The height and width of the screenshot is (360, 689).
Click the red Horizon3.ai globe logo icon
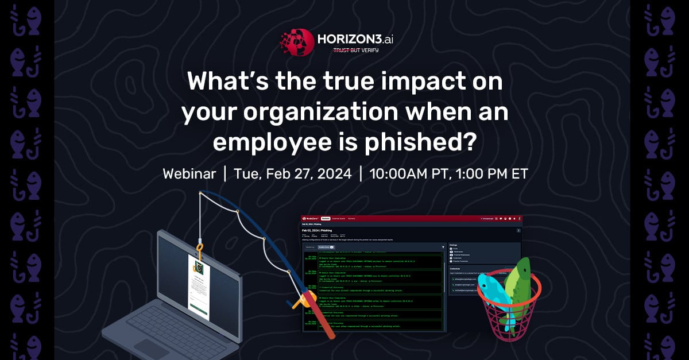[x=296, y=42]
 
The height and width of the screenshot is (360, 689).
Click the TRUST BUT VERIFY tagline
[x=356, y=51]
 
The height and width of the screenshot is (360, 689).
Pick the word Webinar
[x=189, y=174]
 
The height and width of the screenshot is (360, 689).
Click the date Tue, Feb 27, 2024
[x=293, y=174]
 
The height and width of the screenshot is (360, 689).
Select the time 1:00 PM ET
[x=492, y=174]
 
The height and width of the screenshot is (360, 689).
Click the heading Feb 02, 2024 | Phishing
[x=320, y=230]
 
